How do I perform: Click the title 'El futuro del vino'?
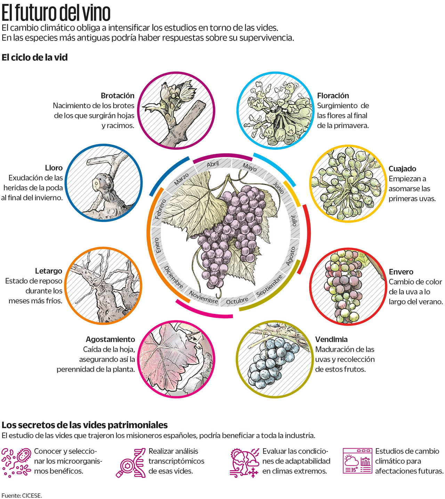pyautogui.click(x=56, y=13)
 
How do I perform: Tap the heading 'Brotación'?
pyautogui.click(x=118, y=96)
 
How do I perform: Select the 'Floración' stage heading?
pyautogui.click(x=333, y=96)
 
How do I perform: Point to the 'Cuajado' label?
pyautogui.click(x=402, y=169)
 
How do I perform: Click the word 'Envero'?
pyautogui.click(x=401, y=272)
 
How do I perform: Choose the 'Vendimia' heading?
pyautogui.click(x=331, y=339)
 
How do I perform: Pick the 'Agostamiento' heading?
pyautogui.click(x=110, y=339)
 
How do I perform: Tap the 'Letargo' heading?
pyautogui.click(x=48, y=271)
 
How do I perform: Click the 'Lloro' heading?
pyautogui.click(x=54, y=168)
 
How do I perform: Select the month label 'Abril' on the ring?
pyautogui.click(x=213, y=164)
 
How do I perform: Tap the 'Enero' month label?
pyautogui.click(x=157, y=245)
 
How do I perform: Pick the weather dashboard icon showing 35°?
pyautogui.click(x=357, y=461)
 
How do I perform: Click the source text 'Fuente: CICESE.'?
pyautogui.click(x=22, y=496)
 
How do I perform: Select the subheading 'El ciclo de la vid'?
pyautogui.click(x=34, y=57)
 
